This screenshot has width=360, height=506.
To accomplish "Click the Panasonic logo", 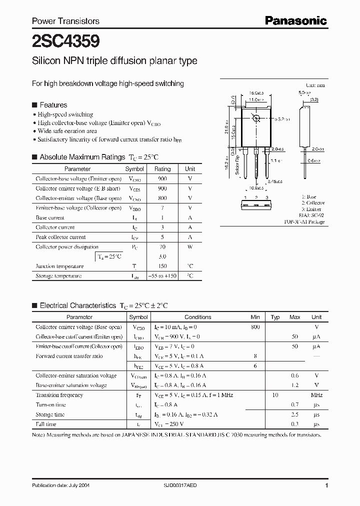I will click(x=295, y=20).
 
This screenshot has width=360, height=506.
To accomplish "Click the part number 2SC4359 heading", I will click(x=58, y=40).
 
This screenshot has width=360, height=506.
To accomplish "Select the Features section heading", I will click(x=53, y=105).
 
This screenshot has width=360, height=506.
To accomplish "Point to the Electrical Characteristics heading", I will click(x=77, y=305).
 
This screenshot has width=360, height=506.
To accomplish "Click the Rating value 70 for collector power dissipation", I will click(x=162, y=246).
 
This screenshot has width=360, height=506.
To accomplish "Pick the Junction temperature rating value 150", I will click(x=162, y=266).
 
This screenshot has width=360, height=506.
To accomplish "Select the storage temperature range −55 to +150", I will click(x=162, y=276).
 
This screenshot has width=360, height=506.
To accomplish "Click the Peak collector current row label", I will click(x=60, y=237).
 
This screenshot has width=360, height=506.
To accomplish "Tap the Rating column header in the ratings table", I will click(x=162, y=169).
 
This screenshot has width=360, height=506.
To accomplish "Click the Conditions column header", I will click(x=197, y=317).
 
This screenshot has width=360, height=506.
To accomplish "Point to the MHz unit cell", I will click(x=316, y=395).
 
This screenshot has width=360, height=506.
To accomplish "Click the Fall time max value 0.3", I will click(x=294, y=424).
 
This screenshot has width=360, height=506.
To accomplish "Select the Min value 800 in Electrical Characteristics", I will click(x=255, y=327).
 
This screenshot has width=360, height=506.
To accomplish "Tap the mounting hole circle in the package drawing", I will click(x=256, y=119).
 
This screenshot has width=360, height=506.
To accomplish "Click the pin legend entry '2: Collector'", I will click(x=312, y=203).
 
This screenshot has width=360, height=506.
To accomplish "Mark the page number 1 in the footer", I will click(x=326, y=485).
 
